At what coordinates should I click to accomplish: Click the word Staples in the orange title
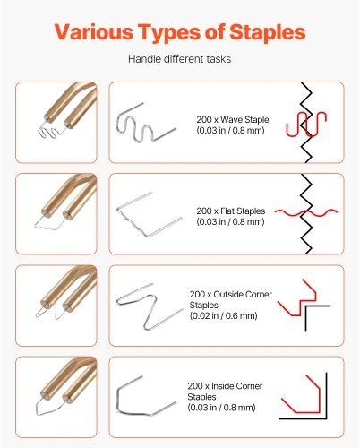268,32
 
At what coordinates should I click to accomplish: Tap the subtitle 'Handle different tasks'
179,59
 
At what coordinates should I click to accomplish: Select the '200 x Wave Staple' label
233,120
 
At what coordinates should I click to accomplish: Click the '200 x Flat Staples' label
231,211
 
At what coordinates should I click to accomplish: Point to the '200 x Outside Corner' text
231,295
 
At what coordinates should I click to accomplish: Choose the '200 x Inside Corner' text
225,386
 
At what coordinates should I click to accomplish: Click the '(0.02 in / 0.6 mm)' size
223,315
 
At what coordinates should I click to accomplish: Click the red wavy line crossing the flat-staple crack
306,212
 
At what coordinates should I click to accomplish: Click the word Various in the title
94,31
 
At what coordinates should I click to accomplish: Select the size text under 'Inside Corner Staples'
221,408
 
